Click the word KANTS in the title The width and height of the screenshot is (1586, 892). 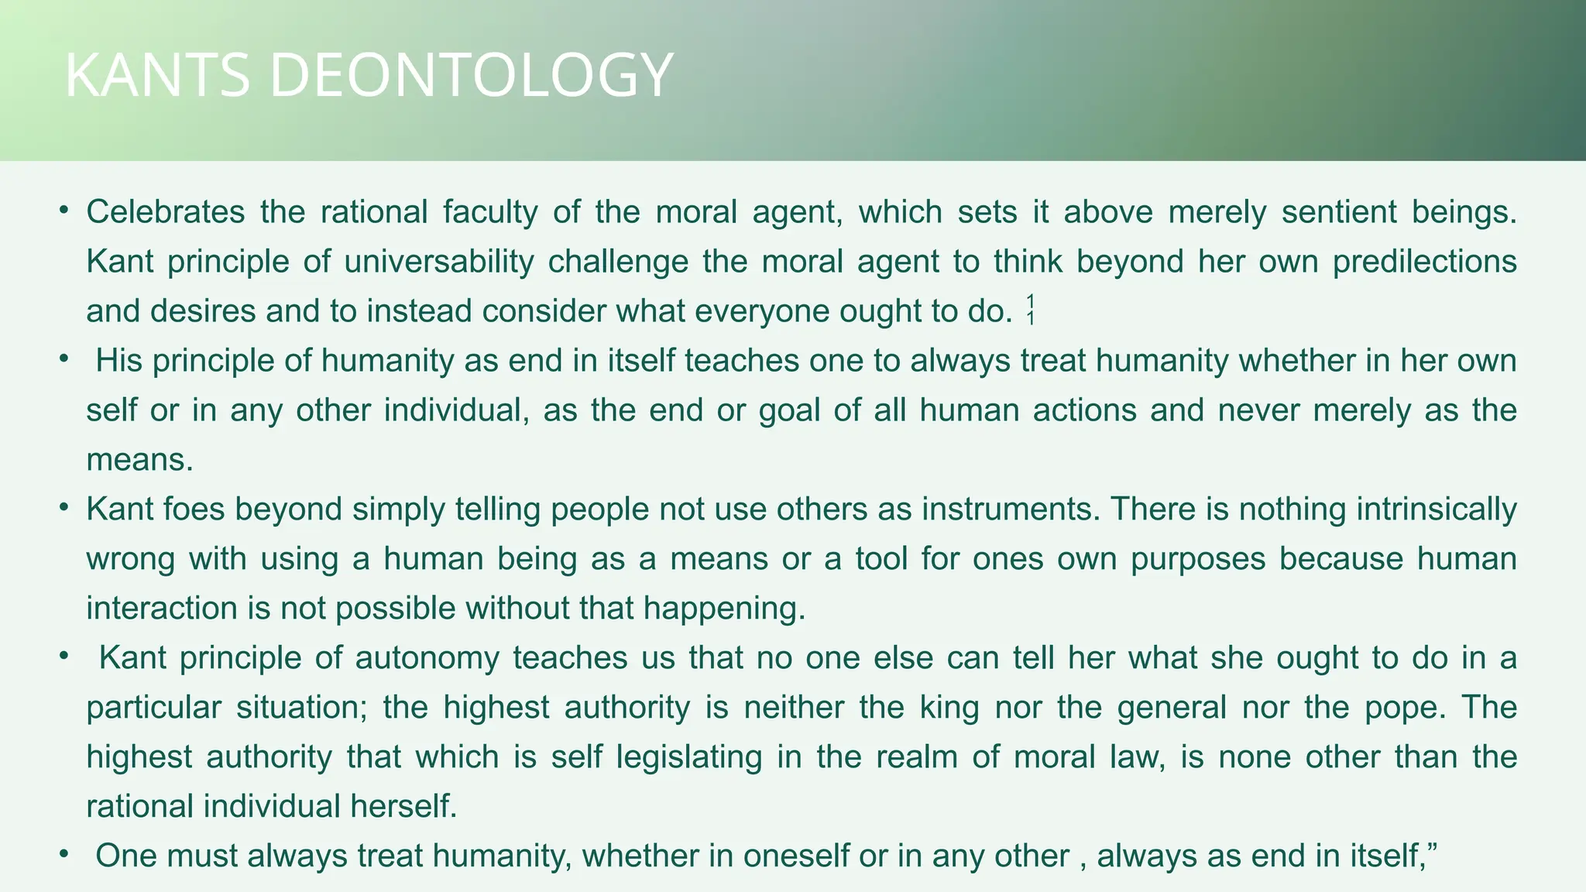point(157,75)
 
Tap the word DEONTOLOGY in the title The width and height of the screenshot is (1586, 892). point(471,75)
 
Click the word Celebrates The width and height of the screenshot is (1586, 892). point(166,211)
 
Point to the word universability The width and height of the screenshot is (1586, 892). point(439,261)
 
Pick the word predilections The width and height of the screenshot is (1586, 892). point(1424,261)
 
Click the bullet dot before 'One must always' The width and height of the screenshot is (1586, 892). point(64,855)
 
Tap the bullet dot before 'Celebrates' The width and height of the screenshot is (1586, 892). point(64,211)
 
